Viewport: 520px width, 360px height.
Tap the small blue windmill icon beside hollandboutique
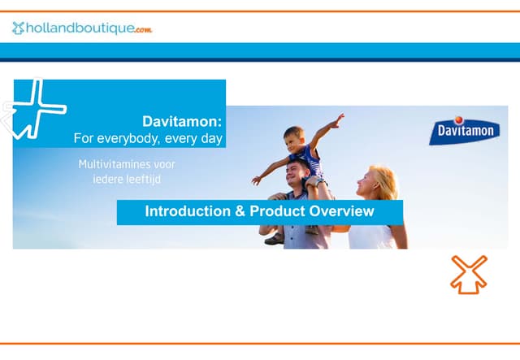18,28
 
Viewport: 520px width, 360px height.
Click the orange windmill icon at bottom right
469,274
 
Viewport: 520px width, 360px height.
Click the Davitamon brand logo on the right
464,130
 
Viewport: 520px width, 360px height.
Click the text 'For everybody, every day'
148,138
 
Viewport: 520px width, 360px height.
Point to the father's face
298,174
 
